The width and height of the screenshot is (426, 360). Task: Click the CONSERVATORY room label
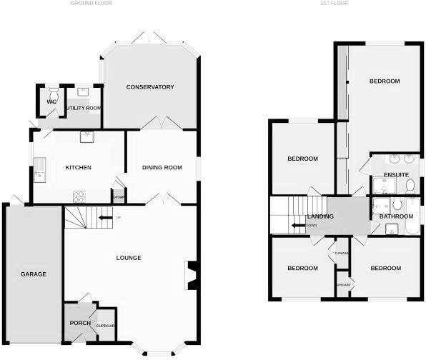tap(150, 87)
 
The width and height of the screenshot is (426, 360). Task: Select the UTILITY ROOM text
tap(83, 108)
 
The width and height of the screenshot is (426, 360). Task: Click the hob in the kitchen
tap(79, 196)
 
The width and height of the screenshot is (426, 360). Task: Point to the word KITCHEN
tap(79, 168)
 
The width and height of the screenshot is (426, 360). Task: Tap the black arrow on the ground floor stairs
tap(105, 217)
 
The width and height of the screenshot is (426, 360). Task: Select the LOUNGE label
tap(129, 258)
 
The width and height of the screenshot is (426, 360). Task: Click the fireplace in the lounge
tap(191, 276)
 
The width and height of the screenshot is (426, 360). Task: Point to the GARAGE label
tap(33, 274)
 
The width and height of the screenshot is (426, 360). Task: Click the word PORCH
tap(79, 323)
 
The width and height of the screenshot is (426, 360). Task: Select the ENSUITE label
tap(395, 174)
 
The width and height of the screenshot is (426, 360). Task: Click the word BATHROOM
tap(397, 216)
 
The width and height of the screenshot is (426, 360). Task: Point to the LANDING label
tap(320, 216)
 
